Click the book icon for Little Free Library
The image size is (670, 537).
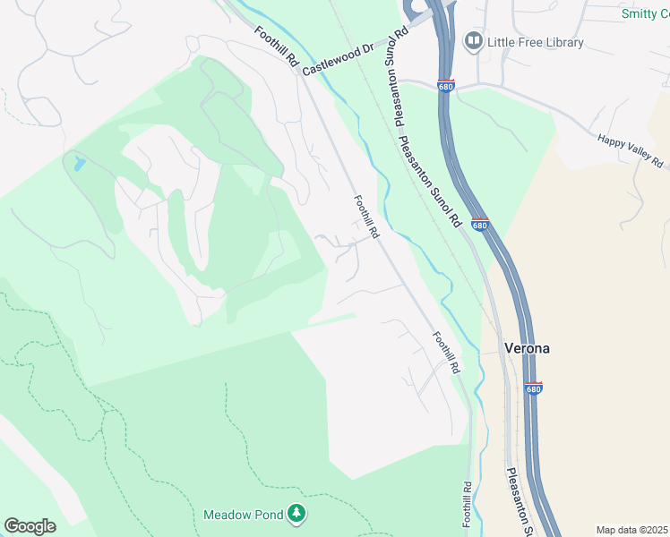[472, 41]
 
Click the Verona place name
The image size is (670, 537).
[527, 348]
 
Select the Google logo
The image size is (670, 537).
[30, 526]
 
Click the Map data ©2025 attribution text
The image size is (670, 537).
[631, 530]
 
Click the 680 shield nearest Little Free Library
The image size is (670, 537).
[447, 86]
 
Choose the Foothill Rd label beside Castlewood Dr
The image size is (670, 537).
[276, 47]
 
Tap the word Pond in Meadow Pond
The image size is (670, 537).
[266, 515]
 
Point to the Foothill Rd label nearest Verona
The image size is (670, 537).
[446, 352]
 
